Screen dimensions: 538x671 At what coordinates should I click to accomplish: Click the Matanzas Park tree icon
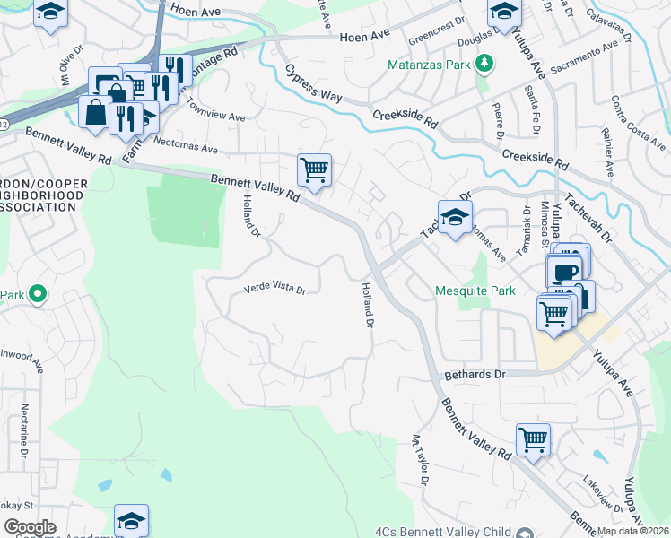tap(485, 64)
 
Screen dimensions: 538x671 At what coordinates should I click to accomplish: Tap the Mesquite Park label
tap(475, 291)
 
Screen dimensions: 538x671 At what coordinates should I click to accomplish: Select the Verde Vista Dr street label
tap(275, 291)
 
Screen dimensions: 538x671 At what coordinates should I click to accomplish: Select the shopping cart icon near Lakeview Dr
tap(533, 439)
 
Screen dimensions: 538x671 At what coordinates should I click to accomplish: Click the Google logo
tap(30, 527)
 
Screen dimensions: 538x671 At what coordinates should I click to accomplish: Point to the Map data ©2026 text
tap(632, 531)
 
